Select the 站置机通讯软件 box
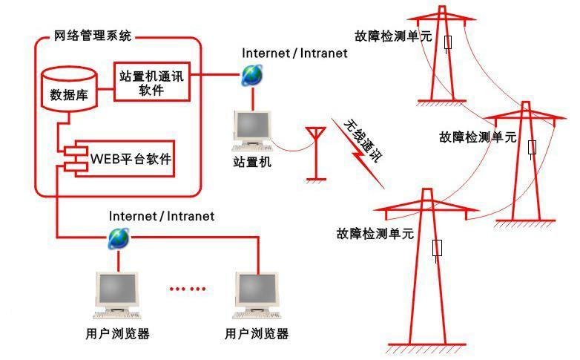(x=151, y=82)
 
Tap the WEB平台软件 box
(x=131, y=159)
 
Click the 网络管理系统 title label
(x=93, y=35)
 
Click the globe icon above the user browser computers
(x=119, y=238)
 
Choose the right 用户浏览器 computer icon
(x=257, y=293)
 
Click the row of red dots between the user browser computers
(x=187, y=289)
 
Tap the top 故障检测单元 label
(x=392, y=36)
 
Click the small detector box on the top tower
(x=448, y=42)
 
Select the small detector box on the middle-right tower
(x=532, y=146)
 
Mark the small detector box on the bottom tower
(x=438, y=247)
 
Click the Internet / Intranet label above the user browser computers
(x=162, y=216)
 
